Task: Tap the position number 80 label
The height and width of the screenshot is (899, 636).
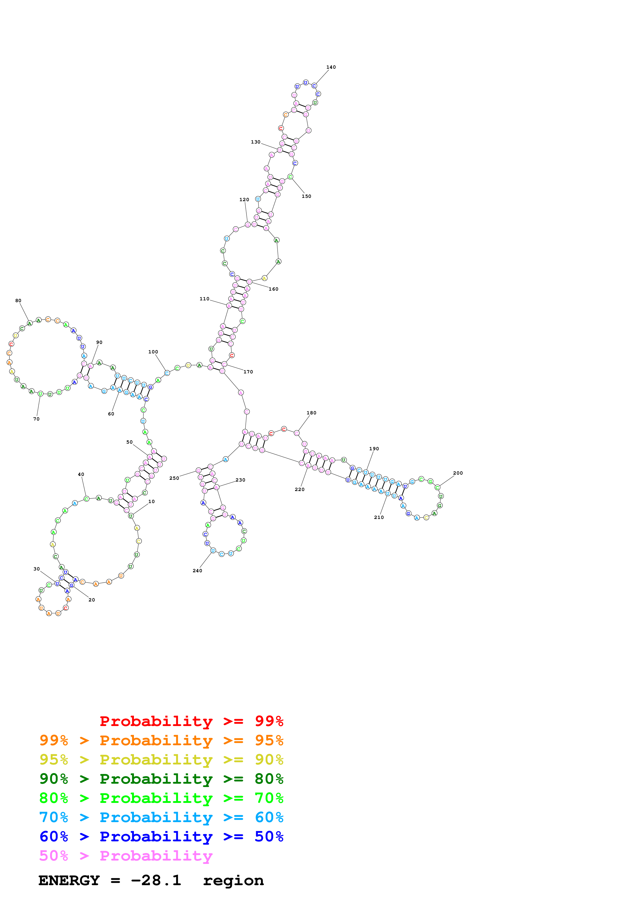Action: tap(18, 301)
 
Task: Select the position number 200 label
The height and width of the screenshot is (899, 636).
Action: tap(458, 473)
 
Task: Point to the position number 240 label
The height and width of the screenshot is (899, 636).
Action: tap(197, 570)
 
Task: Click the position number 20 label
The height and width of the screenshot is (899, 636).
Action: tap(92, 600)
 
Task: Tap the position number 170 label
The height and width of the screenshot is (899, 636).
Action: tap(248, 372)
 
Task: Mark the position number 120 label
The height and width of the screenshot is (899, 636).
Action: tap(244, 200)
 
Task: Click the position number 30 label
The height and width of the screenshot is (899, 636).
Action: tap(36, 569)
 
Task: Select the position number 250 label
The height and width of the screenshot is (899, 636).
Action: tap(174, 478)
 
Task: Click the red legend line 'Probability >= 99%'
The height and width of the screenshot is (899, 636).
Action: tap(191, 721)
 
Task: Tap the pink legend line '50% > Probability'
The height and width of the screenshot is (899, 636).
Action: tap(126, 856)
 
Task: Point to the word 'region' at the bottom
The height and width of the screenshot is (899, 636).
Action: tap(233, 881)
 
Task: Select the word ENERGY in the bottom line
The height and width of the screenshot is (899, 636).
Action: tap(69, 881)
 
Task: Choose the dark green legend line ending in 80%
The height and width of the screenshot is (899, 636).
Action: tap(161, 779)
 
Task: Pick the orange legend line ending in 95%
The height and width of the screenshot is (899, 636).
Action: tap(161, 740)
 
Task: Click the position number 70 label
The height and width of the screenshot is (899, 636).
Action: tap(36, 419)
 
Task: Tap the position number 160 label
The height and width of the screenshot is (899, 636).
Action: tap(273, 289)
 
